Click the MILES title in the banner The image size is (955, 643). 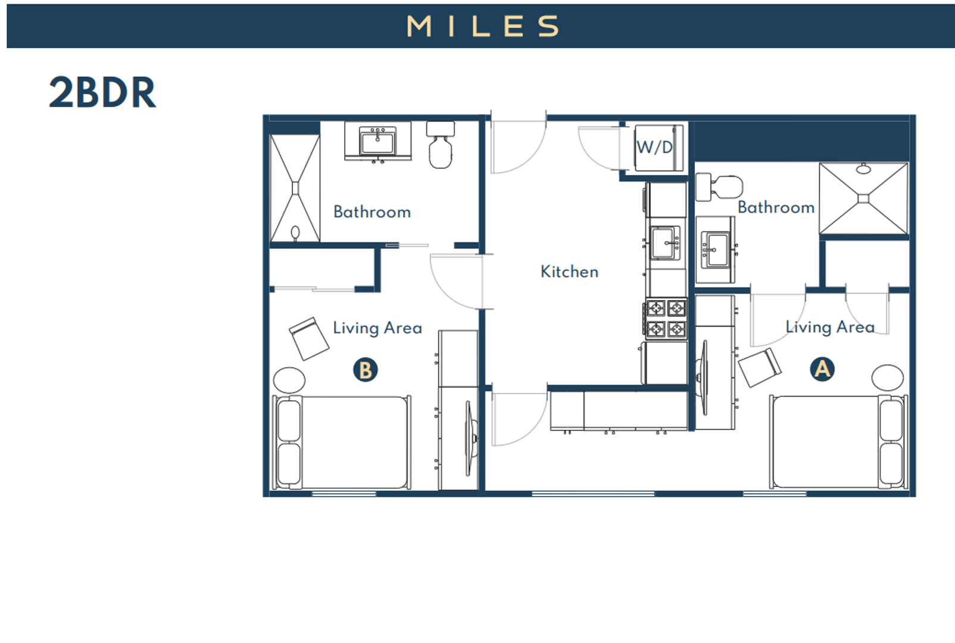tap(482, 26)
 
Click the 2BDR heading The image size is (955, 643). tap(102, 93)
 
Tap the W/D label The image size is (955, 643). tap(654, 147)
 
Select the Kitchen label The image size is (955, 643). tap(569, 271)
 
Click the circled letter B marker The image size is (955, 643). tap(365, 370)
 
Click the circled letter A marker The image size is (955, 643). tap(822, 369)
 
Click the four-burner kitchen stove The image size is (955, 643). tap(666, 319)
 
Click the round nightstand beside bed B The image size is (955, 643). tap(289, 380)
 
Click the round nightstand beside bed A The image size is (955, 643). tap(887, 377)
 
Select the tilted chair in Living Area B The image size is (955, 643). tap(309, 338)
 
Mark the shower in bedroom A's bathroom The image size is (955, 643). tap(863, 198)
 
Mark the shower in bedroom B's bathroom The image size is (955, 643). tap(295, 188)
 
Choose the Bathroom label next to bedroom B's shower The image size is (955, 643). tap(372, 212)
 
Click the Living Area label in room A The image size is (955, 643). tap(829, 327)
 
